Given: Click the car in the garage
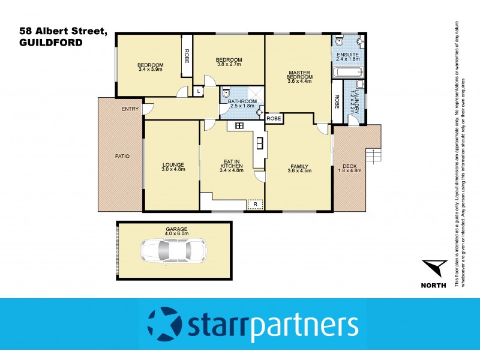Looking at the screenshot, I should [173, 250].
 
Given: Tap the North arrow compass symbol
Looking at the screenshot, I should [434, 268].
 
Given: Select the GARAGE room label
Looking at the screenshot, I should [176, 229].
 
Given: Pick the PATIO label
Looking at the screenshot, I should [122, 156].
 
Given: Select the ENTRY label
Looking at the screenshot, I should [130, 109].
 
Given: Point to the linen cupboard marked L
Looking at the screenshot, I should [198, 91].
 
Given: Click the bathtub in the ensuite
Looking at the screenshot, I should [345, 73].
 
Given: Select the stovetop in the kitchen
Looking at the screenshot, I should [238, 125].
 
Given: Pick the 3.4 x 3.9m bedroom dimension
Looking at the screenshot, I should [150, 70].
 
